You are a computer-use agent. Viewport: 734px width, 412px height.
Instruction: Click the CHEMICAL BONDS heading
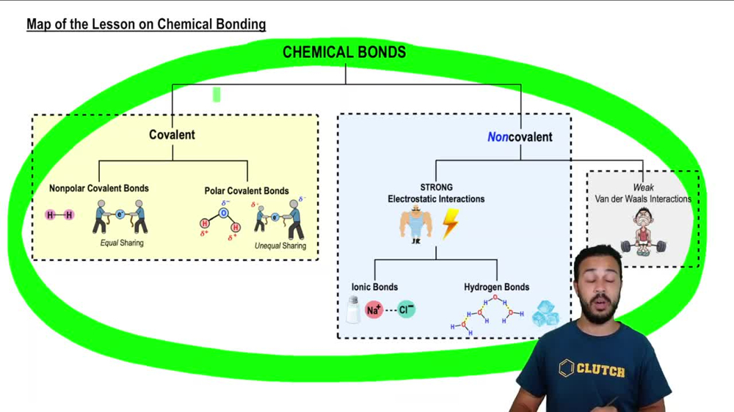(344, 52)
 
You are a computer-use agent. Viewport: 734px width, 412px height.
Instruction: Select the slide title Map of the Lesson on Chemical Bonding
(146, 24)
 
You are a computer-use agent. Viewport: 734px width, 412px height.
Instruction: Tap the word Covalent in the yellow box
(172, 135)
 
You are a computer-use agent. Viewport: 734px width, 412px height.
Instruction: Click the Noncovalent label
(520, 136)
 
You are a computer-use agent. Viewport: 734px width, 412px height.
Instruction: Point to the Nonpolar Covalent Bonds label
(99, 188)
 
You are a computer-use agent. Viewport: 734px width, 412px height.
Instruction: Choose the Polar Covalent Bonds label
(247, 191)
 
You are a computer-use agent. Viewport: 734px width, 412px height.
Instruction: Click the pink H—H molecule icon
(59, 215)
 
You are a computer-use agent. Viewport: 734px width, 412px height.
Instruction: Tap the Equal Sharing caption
(122, 243)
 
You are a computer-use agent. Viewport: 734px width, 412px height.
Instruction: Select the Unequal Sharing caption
(280, 246)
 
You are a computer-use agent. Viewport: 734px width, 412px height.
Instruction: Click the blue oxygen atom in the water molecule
(225, 213)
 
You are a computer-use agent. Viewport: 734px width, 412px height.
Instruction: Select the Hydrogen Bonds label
(496, 287)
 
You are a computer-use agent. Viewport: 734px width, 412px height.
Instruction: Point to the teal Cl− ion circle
(406, 309)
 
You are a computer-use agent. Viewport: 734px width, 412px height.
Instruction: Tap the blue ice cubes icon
(545, 314)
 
